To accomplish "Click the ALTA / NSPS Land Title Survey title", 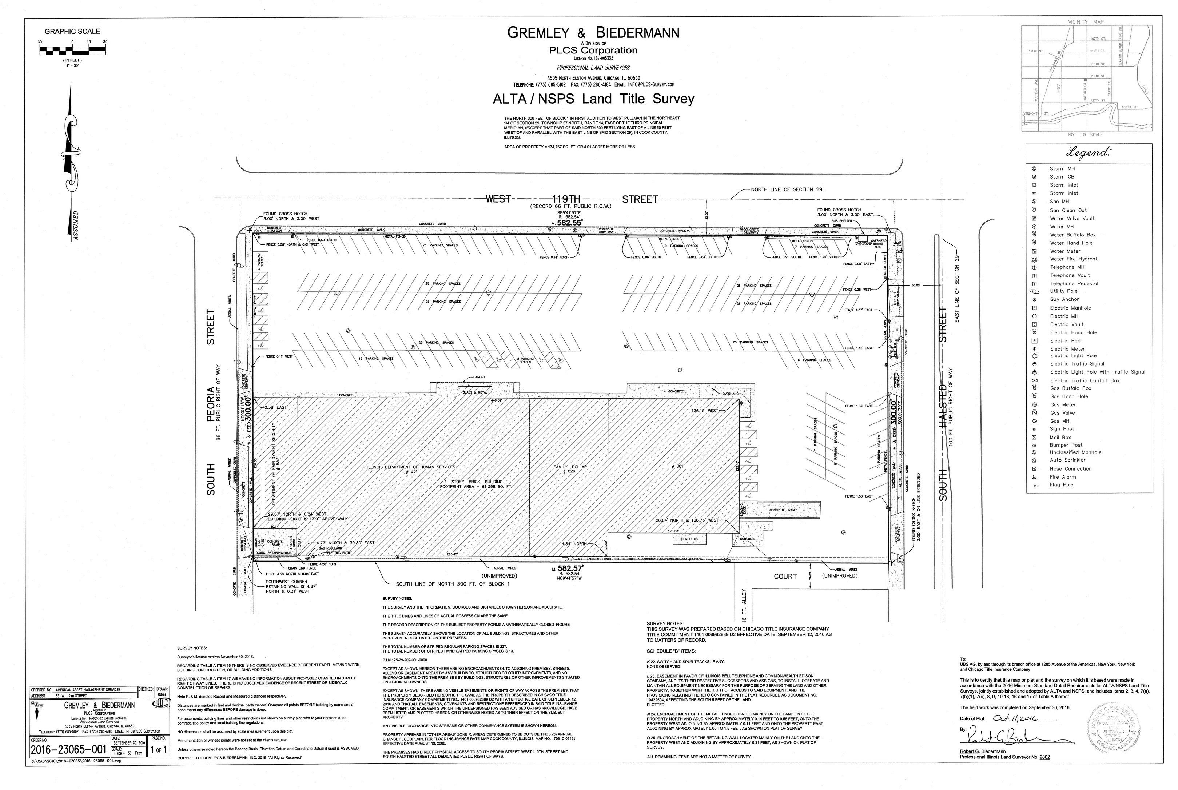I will point(593,99).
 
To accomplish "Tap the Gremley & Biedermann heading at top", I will point(593,33).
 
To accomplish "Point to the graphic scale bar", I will point(72,50).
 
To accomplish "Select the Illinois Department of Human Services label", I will point(411,467).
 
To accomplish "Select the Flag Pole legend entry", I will point(1062,485).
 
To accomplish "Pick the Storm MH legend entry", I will point(1062,169).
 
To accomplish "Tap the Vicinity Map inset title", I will point(1085,22).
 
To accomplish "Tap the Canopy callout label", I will point(479,377).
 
